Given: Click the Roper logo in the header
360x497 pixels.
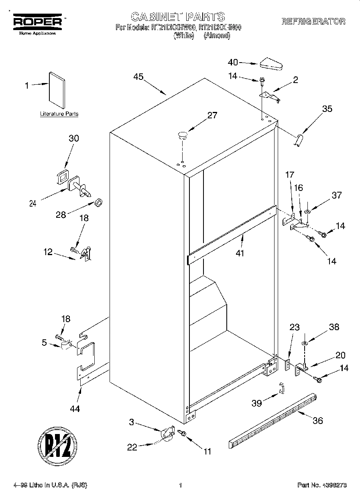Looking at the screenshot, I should pos(38,22).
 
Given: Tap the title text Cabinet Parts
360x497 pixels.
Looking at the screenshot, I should pos(178,17).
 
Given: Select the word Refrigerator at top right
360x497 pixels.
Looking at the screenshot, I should pos(313,22).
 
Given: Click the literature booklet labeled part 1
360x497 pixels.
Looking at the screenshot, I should pos(56,90).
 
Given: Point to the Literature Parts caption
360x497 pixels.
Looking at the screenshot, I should pos(59,114).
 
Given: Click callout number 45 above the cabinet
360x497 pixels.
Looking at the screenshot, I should pos(138,78).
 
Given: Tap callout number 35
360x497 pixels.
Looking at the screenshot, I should pos(327,109).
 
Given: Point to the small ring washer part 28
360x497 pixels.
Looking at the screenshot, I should pos(98,201).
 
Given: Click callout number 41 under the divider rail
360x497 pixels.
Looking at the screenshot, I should pos(240,253).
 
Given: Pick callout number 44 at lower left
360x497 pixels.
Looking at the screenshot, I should pos(75,409).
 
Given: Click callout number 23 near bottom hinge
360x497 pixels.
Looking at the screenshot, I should pos(295,327).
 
